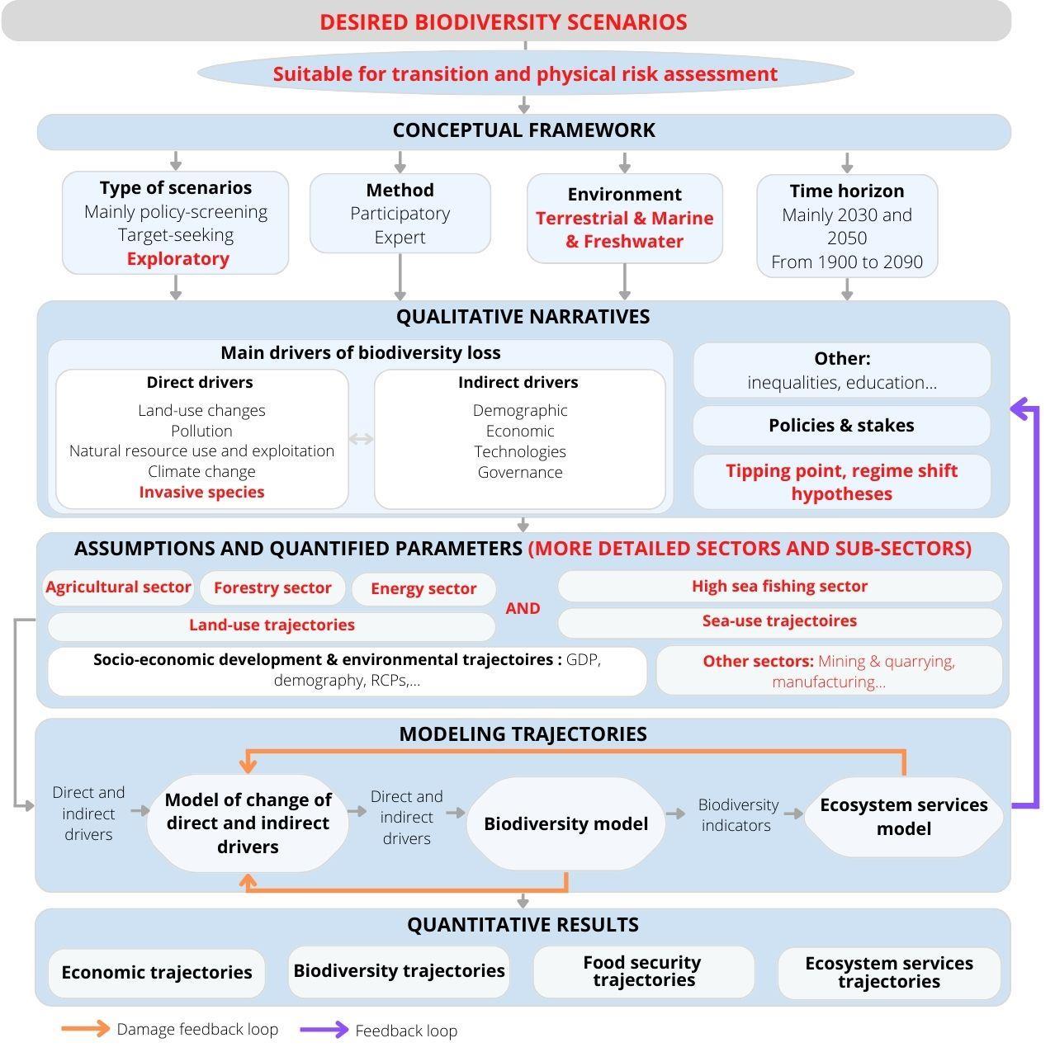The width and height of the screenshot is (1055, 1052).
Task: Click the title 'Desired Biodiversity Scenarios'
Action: tap(504, 22)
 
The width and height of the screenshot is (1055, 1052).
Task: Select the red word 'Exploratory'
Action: tap(177, 259)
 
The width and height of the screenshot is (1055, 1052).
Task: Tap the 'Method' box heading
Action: tap(400, 191)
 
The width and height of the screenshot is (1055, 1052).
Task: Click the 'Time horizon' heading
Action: tap(846, 191)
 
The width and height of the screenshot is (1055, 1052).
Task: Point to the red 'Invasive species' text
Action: tap(201, 493)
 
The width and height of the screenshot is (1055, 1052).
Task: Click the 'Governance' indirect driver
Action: tap(519, 473)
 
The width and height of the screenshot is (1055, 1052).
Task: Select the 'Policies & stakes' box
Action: tap(840, 426)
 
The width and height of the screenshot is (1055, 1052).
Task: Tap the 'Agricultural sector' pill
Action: tap(118, 587)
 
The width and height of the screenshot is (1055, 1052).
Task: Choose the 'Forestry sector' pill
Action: tap(272, 588)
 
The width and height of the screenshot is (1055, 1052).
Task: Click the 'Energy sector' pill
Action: tap(423, 589)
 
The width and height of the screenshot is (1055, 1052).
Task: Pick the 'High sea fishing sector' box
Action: tap(779, 587)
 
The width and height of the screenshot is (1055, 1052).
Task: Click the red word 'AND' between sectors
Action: tap(523, 609)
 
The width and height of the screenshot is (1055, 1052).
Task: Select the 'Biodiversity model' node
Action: tap(565, 824)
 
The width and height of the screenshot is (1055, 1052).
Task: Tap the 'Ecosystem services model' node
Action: tap(903, 817)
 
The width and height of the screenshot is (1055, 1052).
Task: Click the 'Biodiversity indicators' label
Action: tap(737, 815)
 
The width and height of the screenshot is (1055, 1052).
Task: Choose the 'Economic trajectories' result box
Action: tap(156, 973)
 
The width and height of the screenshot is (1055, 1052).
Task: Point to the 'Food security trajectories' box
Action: tap(643, 972)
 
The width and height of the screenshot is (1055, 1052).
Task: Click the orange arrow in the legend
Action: tap(85, 1029)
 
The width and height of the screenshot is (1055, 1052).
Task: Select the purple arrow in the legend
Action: tap(324, 1030)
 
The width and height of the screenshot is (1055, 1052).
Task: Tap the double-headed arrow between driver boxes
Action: tap(361, 439)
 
